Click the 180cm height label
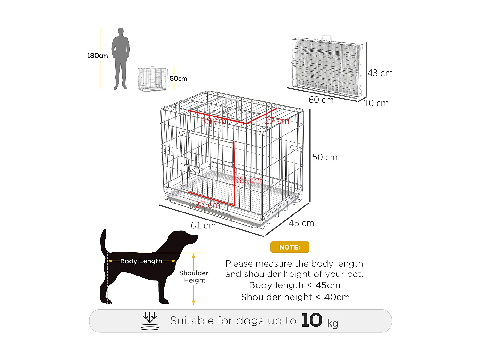coord(97,56)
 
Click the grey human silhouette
coord(120,59)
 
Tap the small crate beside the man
coord(153,79)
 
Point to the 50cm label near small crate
coord(178,79)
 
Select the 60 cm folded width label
coord(321,100)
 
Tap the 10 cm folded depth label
coord(376,103)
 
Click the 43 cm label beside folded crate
coord(380,73)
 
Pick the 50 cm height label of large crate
coord(325,157)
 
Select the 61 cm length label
coord(203,226)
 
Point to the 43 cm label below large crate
coord(301,223)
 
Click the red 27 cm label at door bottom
coord(207,205)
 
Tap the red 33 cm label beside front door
coord(249,180)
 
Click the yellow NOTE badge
coord(290,247)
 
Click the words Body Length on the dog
coord(141,261)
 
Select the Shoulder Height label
coord(194,276)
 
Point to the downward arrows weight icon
coord(150,321)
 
